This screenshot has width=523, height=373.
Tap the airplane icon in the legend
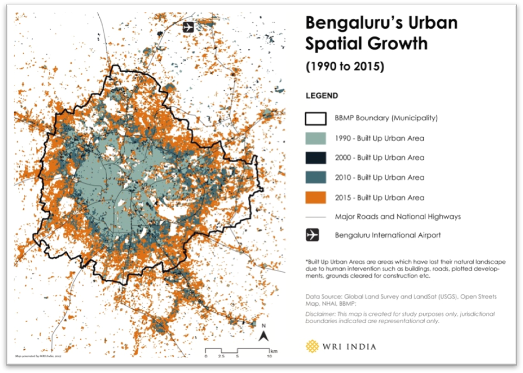tap(312, 235)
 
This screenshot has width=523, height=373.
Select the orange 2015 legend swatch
tap(315, 197)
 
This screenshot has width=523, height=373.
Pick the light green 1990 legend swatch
tap(315, 138)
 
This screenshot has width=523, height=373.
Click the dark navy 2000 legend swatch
tap(315, 158)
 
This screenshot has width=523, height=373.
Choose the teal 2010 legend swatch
tap(315, 177)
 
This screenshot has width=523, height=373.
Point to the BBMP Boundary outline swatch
tap(315, 118)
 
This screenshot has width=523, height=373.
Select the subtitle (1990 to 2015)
tap(345, 67)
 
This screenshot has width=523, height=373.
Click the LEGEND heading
tap(322, 96)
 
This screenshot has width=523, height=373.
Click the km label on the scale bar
tap(275, 351)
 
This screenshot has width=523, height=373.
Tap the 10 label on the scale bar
tap(269, 357)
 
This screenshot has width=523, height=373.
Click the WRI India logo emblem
tap(312, 346)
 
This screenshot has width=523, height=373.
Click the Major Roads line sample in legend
tap(315, 217)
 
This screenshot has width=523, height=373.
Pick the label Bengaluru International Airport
tap(388, 235)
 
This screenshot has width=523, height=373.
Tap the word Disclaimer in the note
tap(320, 314)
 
